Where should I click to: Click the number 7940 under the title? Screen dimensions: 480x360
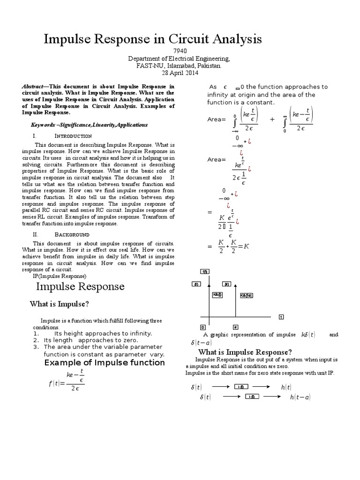180,51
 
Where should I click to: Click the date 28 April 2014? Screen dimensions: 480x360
180,73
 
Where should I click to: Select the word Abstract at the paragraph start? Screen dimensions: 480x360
32,87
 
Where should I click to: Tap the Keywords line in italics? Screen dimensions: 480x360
89,125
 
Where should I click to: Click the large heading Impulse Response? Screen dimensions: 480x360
80,286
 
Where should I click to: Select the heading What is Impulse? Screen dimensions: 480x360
59,304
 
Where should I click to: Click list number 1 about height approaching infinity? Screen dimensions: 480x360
36,333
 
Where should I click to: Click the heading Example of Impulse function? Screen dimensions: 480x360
104,362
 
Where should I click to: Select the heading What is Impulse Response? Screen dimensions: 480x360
245,352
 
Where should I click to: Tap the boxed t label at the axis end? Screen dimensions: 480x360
281,317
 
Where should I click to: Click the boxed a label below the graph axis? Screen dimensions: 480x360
235,327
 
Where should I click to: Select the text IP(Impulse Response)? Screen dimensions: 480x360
60,276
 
